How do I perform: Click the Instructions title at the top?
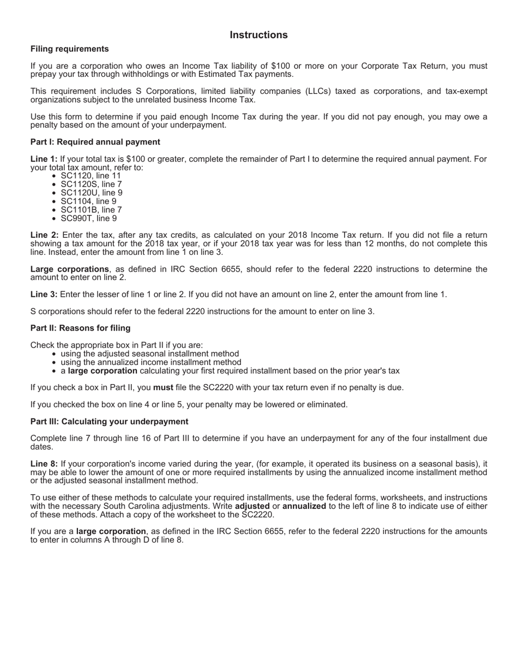(258, 35)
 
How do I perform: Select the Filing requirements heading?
(69, 49)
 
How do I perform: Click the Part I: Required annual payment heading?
(95, 142)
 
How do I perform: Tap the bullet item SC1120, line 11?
(91, 176)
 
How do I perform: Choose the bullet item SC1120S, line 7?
(91, 184)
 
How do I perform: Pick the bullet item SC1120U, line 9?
(91, 193)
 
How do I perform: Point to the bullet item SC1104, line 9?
(88, 201)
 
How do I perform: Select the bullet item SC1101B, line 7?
(91, 209)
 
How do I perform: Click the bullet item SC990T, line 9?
(88, 218)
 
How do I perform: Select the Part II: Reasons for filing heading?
(80, 328)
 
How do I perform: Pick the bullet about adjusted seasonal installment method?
(149, 354)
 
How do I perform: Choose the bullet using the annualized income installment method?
(150, 362)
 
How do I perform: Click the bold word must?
(163, 387)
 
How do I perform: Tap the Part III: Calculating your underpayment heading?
(109, 422)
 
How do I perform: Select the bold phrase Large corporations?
(69, 269)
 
